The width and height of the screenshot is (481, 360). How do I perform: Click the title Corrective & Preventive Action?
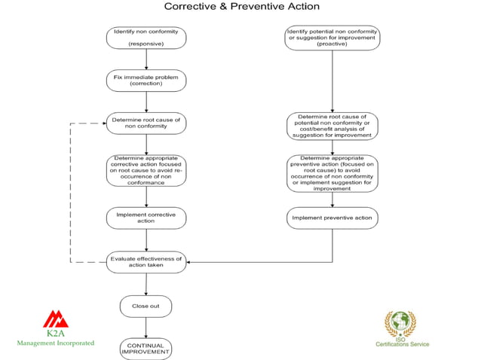241,7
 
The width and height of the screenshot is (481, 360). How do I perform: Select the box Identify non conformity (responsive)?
146,38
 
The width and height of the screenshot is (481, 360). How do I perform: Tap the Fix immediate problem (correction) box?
146,80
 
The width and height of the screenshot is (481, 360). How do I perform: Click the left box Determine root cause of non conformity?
146,124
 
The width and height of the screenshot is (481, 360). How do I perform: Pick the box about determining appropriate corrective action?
146,169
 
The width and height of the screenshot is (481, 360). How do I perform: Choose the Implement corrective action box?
146,218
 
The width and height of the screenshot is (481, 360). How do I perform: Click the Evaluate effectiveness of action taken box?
146,261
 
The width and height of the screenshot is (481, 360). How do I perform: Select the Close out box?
146,306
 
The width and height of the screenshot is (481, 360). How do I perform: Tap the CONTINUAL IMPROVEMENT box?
146,348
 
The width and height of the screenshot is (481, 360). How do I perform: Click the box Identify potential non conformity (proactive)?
332,38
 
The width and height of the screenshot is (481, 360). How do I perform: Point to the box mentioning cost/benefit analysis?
332,127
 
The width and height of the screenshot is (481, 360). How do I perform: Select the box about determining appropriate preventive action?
332,173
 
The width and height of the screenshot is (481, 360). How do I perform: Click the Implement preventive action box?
332,218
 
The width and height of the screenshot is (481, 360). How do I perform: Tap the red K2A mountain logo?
55,319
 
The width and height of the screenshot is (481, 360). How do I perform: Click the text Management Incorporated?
56,343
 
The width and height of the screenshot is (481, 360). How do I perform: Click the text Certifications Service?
403,344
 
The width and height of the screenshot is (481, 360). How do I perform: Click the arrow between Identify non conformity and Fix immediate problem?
146,59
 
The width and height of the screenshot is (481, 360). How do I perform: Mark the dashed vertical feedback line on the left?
70,192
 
